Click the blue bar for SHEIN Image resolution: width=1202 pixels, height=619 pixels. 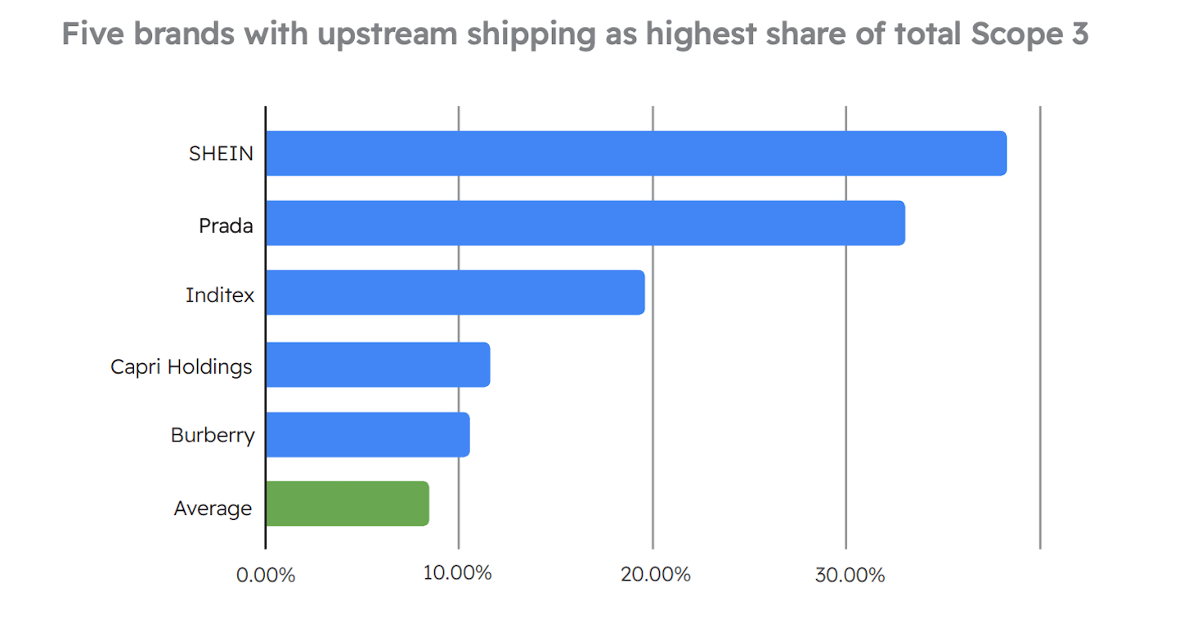(x=635, y=153)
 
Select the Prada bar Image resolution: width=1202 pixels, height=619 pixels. (x=585, y=223)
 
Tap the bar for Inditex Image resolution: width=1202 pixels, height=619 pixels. (x=455, y=293)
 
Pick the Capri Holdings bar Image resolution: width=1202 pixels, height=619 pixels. (x=377, y=365)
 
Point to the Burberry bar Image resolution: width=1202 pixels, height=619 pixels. (x=367, y=434)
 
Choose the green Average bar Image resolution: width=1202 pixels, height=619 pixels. (x=347, y=504)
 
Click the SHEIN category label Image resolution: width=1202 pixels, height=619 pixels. (x=221, y=154)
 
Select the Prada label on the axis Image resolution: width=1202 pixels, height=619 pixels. (x=226, y=225)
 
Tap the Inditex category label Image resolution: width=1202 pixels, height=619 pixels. (x=220, y=295)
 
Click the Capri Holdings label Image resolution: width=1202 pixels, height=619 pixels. (x=182, y=366)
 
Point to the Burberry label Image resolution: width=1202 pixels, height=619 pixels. (x=213, y=435)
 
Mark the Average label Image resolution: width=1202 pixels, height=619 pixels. (x=213, y=509)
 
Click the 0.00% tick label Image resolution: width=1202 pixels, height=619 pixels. (x=265, y=575)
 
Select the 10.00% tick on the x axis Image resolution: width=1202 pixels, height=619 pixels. (x=457, y=572)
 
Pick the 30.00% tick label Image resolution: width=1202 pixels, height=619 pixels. (x=850, y=575)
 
